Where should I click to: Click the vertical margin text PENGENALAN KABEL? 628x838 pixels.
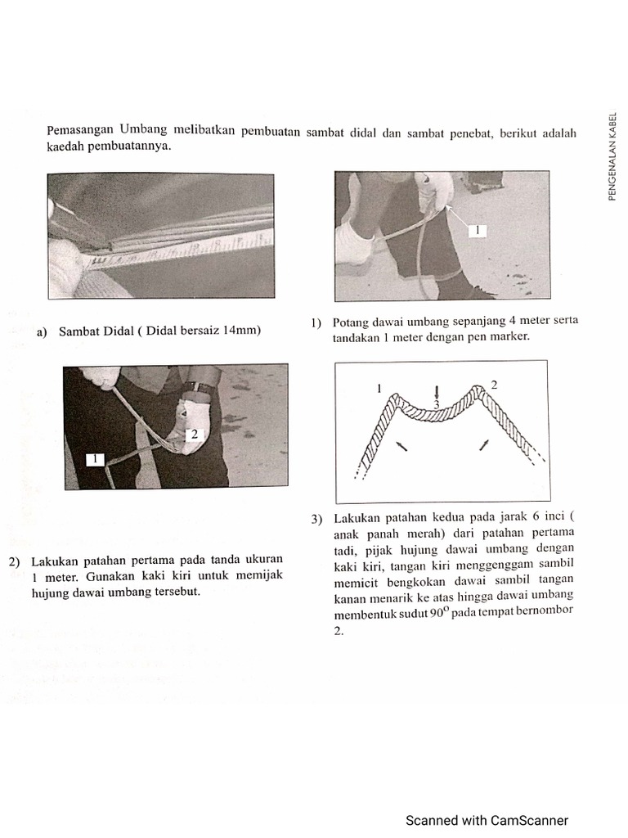pos(613,155)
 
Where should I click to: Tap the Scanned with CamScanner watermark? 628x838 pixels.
pos(487,820)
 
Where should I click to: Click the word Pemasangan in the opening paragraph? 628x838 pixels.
pos(80,130)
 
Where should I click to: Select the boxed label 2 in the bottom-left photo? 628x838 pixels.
pos(195,435)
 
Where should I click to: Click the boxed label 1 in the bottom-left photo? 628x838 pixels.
pos(96,459)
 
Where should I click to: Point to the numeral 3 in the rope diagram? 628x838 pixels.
pos(437,405)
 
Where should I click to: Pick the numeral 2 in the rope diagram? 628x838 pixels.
pos(493,384)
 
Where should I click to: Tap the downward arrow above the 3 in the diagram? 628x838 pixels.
pos(437,390)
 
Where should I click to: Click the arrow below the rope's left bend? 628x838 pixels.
pos(400,445)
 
